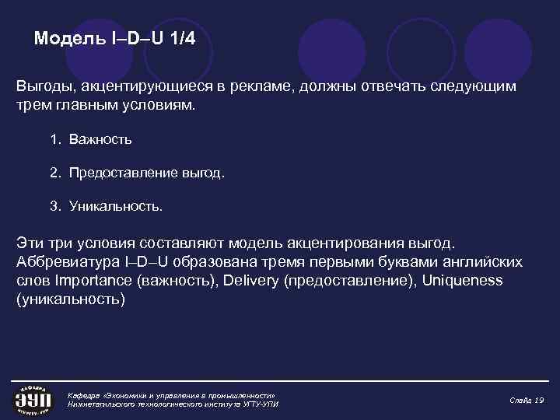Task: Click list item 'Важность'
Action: [x=100, y=140]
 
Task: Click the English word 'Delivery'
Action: [x=250, y=280]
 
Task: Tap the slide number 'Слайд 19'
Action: [x=527, y=400]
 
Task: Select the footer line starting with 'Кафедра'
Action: [x=172, y=395]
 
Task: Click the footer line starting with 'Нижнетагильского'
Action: [x=173, y=404]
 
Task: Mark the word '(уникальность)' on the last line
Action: [x=70, y=299]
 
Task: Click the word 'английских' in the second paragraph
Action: [x=481, y=261]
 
